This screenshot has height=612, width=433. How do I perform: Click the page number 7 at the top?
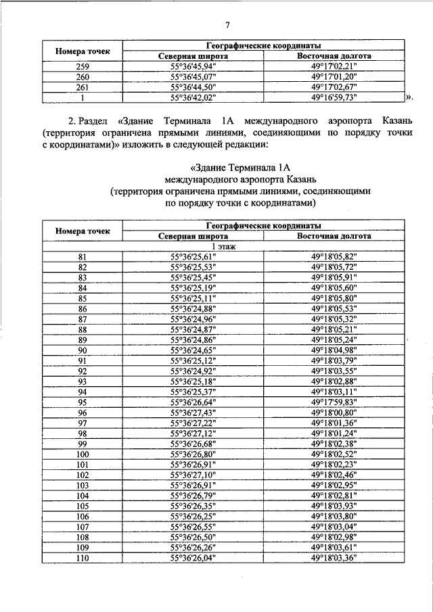pos(228,25)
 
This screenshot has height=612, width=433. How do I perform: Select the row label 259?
pos(83,67)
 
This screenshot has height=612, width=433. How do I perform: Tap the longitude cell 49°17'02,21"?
pos(334,67)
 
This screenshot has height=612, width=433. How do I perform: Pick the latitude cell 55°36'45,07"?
pos(192,77)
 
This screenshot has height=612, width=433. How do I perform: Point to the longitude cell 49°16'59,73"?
pos(334,97)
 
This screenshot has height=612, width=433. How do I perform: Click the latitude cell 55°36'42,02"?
pos(192,97)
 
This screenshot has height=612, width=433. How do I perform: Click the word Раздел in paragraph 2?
pos(99,120)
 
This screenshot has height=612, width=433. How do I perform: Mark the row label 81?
pos(83,258)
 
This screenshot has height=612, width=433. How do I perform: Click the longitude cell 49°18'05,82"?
pos(334,258)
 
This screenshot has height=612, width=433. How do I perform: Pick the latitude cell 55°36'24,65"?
pos(192,350)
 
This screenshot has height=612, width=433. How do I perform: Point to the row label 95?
pos(83,402)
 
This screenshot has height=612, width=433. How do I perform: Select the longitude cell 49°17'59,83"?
pos(334,402)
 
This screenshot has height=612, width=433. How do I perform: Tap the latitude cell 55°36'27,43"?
pos(192,412)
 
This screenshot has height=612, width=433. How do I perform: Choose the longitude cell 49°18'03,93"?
pos(334,505)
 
